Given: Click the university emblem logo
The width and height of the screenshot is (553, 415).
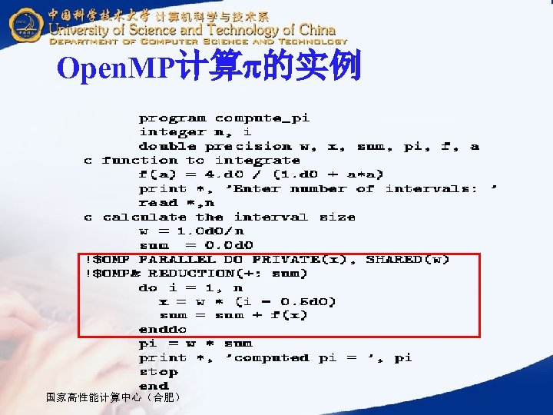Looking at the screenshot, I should pyautogui.click(x=25, y=25).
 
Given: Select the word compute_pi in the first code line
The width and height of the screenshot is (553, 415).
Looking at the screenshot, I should pyautogui.click(x=262, y=118).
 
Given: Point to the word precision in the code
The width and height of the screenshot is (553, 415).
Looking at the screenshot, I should pyautogui.click(x=248, y=147).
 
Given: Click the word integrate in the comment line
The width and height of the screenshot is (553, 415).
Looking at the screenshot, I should pyautogui.click(x=257, y=161).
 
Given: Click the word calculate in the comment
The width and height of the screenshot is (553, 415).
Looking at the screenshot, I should pyautogui.click(x=144, y=217).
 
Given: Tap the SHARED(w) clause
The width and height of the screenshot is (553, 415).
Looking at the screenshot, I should pyautogui.click(x=408, y=260).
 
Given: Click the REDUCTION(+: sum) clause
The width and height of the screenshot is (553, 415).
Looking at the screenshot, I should pyautogui.click(x=228, y=274).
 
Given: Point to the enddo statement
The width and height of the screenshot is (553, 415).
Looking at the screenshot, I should pyautogui.click(x=162, y=330).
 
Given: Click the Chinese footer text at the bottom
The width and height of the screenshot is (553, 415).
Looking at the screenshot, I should pyautogui.click(x=114, y=397).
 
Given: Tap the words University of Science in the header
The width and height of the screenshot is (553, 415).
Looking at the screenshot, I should pyautogui.click(x=127, y=30).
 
